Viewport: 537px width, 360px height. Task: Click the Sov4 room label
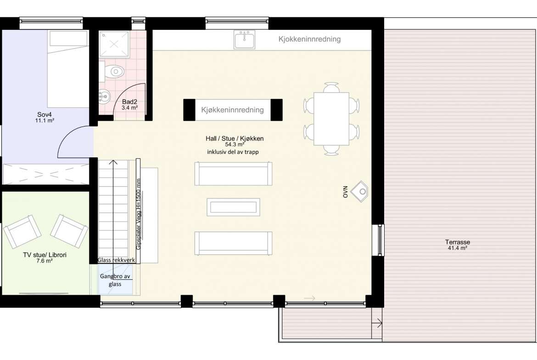click(x=45, y=115)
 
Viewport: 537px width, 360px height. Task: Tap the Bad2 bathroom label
click(x=129, y=102)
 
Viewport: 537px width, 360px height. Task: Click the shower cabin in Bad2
click(x=114, y=44)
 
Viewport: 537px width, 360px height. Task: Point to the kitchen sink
click(x=245, y=39)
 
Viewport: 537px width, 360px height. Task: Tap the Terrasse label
click(x=458, y=242)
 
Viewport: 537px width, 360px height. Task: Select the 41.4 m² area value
click(x=458, y=248)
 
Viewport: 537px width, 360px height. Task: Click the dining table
click(x=331, y=119)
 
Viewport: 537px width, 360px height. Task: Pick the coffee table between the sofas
click(x=233, y=207)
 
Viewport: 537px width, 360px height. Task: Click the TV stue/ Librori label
click(x=45, y=255)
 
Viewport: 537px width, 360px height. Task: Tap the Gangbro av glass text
click(x=115, y=280)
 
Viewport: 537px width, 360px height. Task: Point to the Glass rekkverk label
click(x=116, y=260)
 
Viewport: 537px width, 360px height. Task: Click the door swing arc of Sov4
click(x=67, y=134)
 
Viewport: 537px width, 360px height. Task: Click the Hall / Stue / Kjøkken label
click(x=235, y=138)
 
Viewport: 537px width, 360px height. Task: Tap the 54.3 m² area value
click(x=235, y=145)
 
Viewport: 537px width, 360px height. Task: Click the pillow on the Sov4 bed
click(x=68, y=39)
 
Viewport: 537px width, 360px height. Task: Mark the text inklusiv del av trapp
click(x=233, y=152)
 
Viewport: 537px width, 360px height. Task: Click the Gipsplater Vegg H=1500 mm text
click(x=139, y=214)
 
